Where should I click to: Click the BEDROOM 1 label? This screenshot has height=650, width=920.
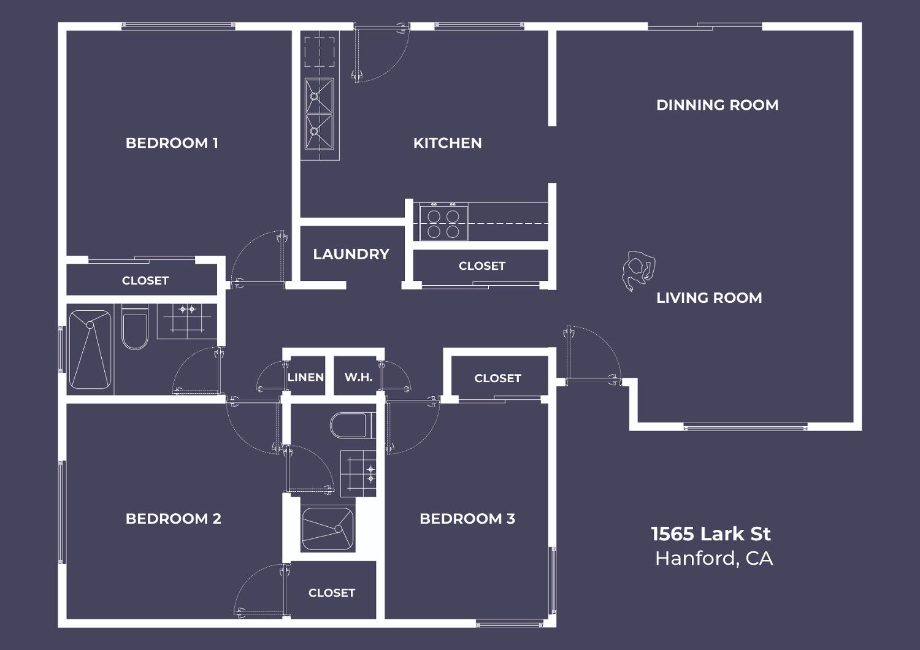(x=172, y=143)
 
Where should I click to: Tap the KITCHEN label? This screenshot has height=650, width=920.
(x=447, y=143)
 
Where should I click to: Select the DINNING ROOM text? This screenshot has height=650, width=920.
(x=717, y=105)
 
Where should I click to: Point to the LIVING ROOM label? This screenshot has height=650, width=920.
(x=709, y=297)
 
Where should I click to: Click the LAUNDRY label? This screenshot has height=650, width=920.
(x=351, y=254)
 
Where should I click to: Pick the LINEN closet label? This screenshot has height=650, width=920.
(x=305, y=377)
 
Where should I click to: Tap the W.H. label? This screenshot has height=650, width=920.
(x=359, y=377)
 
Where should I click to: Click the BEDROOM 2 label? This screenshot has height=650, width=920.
(x=174, y=519)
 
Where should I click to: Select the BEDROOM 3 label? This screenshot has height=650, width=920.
(x=467, y=519)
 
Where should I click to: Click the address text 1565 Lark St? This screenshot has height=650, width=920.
(x=711, y=533)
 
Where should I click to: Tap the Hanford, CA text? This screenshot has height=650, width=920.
(x=714, y=559)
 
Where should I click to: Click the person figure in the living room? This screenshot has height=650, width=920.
(x=638, y=270)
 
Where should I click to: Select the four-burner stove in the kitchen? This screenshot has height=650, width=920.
(x=443, y=223)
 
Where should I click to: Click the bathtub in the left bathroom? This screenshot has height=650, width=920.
(x=90, y=350)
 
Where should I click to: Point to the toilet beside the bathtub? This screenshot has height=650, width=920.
(x=135, y=327)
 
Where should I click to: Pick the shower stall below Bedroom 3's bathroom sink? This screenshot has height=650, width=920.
(x=328, y=529)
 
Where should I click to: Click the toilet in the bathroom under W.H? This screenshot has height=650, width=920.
(x=353, y=426)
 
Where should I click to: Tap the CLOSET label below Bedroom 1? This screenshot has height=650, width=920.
(x=145, y=281)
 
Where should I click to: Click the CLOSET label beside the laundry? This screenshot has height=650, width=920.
(x=481, y=266)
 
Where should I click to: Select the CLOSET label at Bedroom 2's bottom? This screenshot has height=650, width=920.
(x=332, y=593)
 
